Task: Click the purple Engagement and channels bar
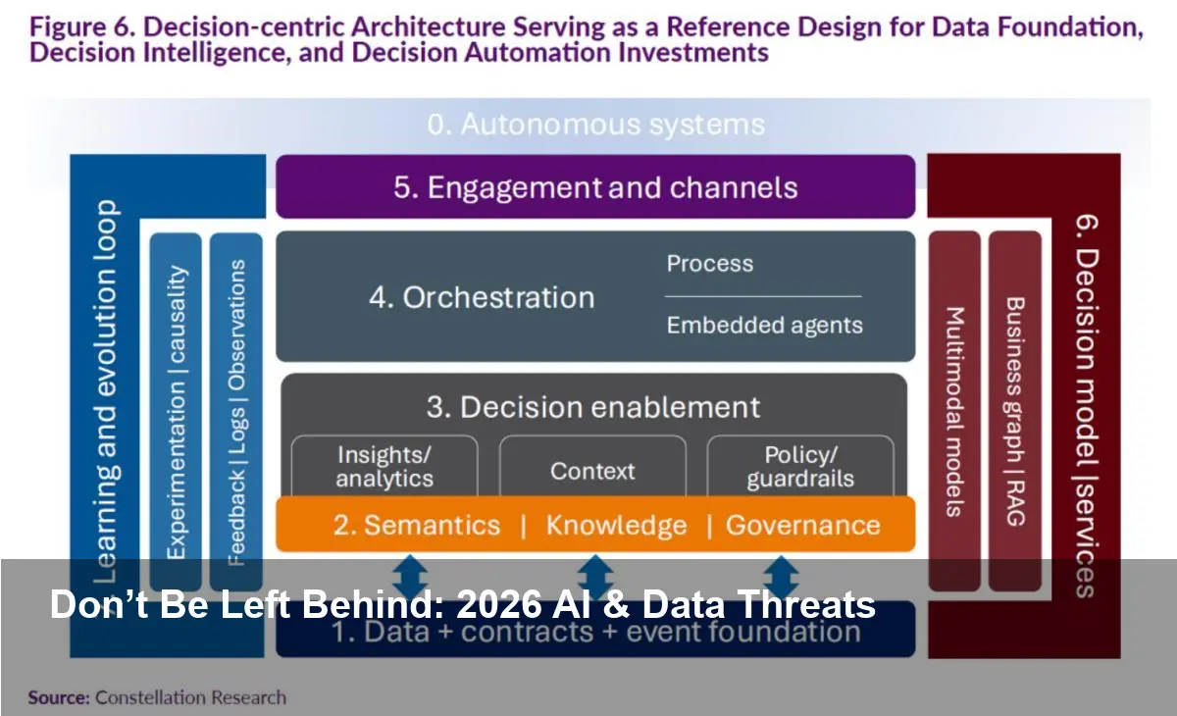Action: tap(595, 187)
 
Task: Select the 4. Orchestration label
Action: tap(482, 298)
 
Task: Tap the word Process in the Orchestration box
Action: tap(710, 264)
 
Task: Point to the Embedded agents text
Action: tap(764, 326)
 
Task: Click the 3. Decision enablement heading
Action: tap(593, 407)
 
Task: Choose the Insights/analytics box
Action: tap(384, 467)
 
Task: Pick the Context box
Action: tap(592, 471)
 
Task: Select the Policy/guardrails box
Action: tap(800, 467)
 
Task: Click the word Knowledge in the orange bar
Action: tap(616, 525)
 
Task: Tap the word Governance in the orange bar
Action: tap(802, 525)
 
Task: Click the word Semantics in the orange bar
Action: tap(432, 525)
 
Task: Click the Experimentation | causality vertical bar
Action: tap(177, 412)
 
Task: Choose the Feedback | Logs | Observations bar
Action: tap(236, 412)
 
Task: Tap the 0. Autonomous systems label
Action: tap(595, 126)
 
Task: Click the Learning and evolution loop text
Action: tap(107, 392)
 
